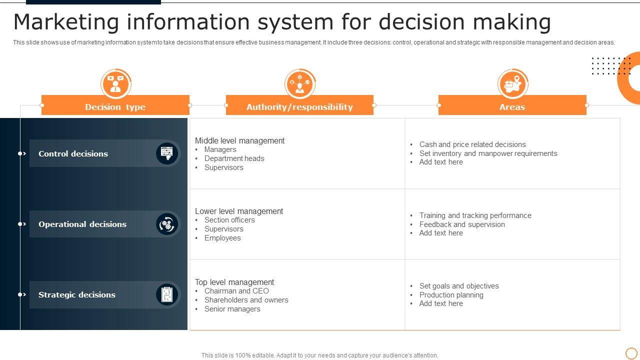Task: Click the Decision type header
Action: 115,106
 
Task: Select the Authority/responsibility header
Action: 299,106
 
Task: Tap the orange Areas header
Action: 512,106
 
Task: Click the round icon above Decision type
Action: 115,83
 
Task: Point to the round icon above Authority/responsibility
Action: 300,83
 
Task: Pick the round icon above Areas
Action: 513,83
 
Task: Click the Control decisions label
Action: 73,153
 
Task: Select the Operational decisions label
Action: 82,224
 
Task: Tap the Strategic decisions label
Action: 77,294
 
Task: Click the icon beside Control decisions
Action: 167,153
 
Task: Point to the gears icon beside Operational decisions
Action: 167,224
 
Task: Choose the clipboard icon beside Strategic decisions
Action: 167,294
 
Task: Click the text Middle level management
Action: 239,141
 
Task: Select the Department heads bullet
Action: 234,158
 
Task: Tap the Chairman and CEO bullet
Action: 236,291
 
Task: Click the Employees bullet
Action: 222,238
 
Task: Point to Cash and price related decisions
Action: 472,144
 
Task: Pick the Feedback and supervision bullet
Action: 462,224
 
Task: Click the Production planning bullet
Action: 451,295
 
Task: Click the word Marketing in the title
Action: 66,22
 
